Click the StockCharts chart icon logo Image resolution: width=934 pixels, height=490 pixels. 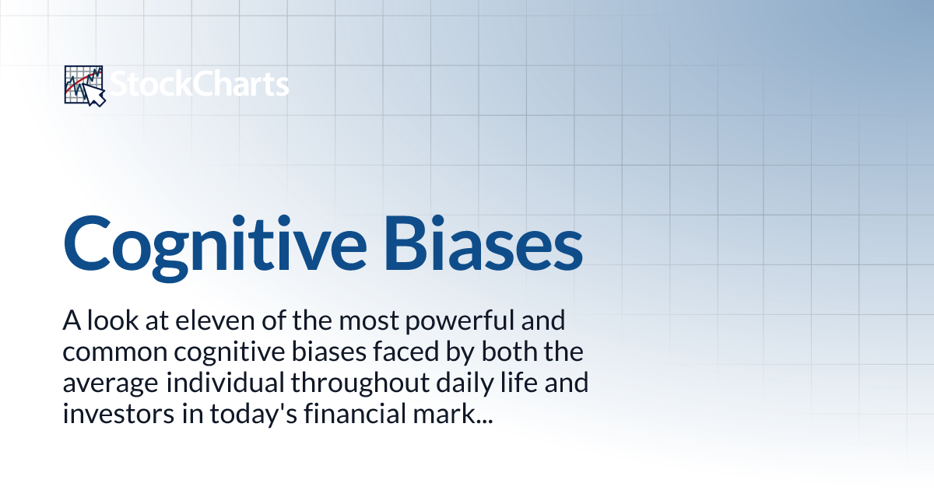point(83,85)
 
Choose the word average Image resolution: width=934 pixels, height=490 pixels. point(107,384)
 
